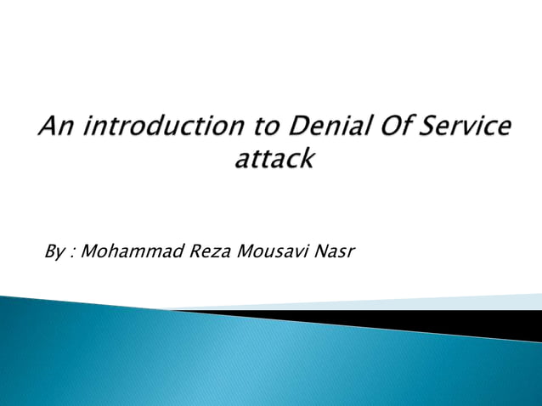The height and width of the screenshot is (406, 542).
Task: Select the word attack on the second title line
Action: point(274,159)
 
